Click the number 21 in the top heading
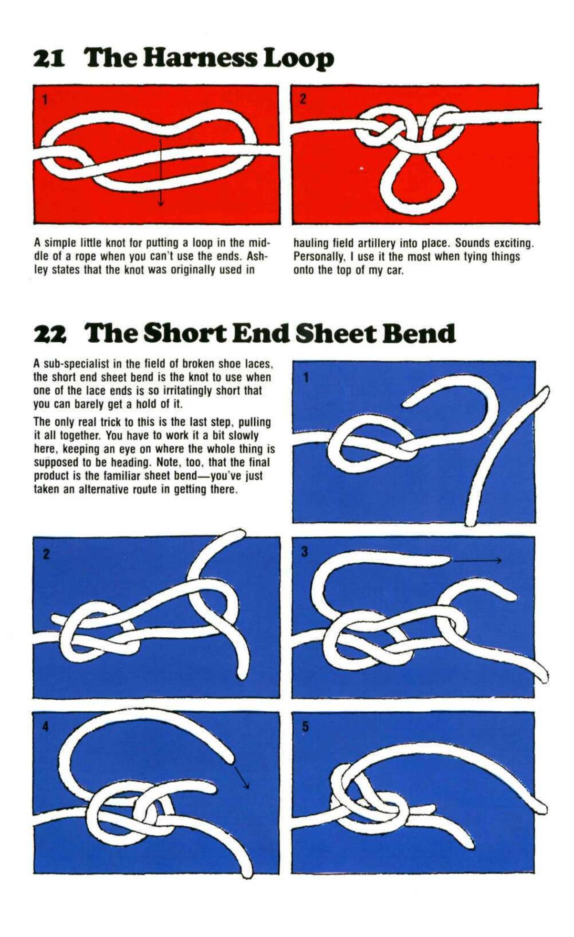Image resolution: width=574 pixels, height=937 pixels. pos(50,59)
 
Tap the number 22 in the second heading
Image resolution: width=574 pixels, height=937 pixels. pos(50,334)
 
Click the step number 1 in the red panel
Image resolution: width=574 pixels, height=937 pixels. pos(44,100)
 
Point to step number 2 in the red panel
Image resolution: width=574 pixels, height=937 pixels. pos(303,99)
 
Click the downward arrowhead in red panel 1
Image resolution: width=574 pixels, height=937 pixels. pos(161,202)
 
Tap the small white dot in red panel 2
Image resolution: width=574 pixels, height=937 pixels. pos(361,168)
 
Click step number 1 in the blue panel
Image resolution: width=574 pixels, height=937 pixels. pos(306,377)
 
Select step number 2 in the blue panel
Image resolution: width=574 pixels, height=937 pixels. pos(46,555)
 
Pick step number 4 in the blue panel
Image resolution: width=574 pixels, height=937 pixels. pos(46,727)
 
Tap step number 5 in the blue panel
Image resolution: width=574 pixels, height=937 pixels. pos(305,727)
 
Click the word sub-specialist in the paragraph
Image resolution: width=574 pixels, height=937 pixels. pos(75,364)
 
